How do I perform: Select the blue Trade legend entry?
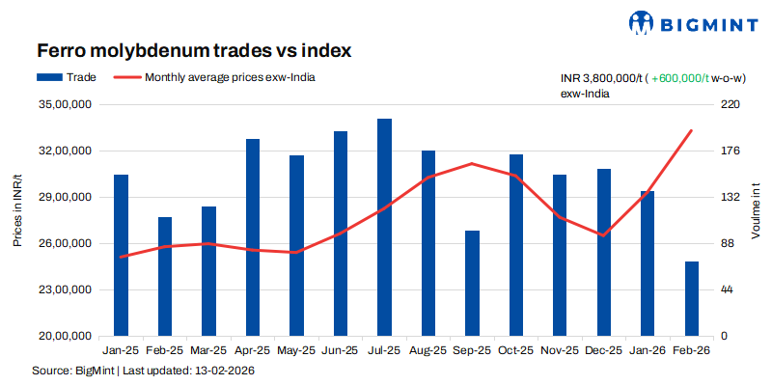coord(67,76)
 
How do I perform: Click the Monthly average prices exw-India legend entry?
coord(216,76)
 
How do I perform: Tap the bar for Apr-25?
coord(253,237)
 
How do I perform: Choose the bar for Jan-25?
coord(121,255)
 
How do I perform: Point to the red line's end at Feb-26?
coord(692,130)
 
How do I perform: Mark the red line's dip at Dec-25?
coord(604,235)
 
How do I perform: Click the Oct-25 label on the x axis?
coord(516,351)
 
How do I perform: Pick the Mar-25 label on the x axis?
coord(208,351)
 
